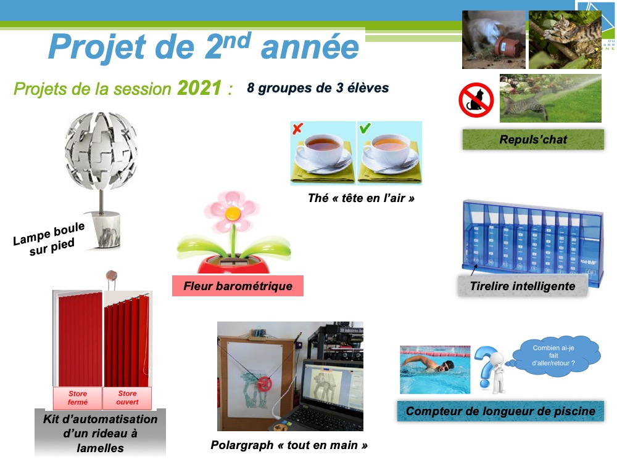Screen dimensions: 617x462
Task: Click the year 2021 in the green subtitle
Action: click(x=199, y=87)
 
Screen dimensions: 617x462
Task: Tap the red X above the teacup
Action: click(x=298, y=129)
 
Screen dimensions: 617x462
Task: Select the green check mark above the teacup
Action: click(x=365, y=128)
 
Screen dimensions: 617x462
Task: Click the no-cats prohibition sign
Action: click(x=476, y=100)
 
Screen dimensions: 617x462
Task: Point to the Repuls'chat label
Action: click(x=533, y=139)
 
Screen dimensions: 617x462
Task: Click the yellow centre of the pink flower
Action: click(x=233, y=213)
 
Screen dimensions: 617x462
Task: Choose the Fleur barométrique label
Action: click(x=238, y=286)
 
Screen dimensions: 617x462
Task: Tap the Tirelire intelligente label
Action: click(x=523, y=286)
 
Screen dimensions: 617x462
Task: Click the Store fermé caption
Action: click(x=78, y=397)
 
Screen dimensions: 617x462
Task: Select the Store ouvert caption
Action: click(x=127, y=397)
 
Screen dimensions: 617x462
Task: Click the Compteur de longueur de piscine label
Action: click(x=500, y=411)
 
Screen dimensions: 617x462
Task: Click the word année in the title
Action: click(x=310, y=47)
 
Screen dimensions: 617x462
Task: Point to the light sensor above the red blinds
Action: click(x=111, y=275)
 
